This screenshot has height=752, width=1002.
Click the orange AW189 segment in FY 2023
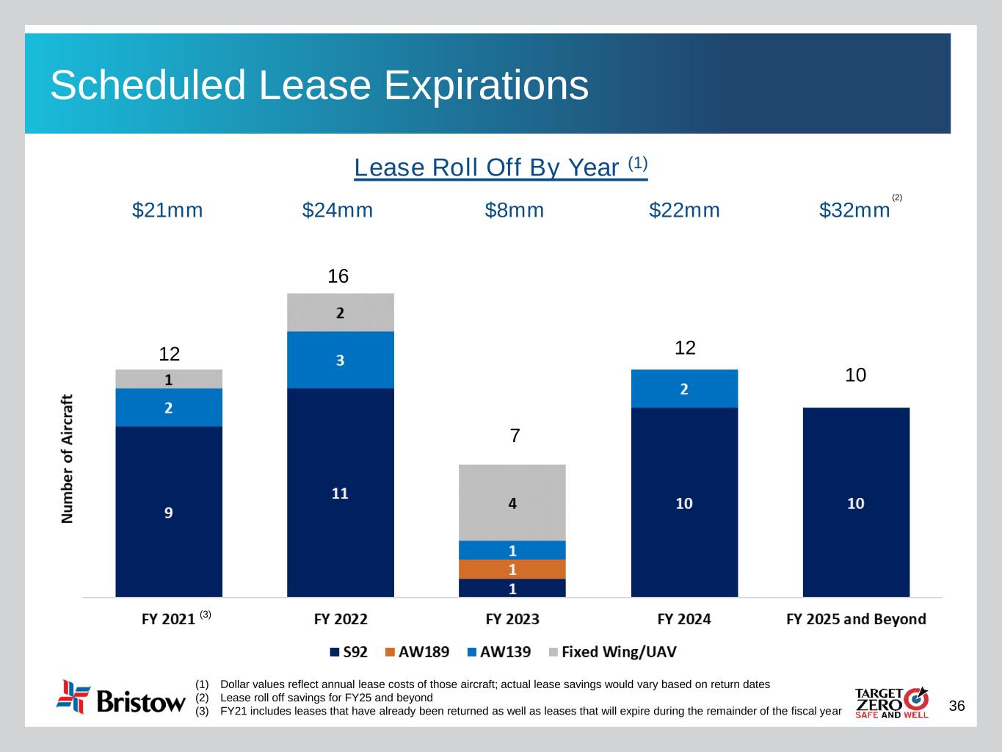pos(512,569)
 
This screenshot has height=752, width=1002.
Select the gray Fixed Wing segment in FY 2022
pos(341,312)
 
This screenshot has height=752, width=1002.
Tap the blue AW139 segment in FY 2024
pos(684,388)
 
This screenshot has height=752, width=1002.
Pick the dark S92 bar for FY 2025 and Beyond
pos(856,502)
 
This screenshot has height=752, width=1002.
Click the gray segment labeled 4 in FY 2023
pos(512,502)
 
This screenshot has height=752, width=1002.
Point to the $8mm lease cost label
pos(515,211)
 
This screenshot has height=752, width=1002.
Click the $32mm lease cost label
pos(854,211)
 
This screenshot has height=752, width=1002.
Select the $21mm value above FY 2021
pos(167,211)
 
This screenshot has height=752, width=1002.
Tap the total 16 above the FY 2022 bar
pos(338,276)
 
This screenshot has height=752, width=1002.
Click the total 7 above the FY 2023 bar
pos(515,435)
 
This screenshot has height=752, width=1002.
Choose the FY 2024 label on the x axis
pos(684,619)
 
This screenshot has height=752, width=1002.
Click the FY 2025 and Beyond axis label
pos(856,619)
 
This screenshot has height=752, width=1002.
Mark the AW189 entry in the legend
pos(418,652)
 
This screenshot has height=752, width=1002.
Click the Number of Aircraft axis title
pos(68,459)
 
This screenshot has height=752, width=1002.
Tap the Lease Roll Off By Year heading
pos(501,167)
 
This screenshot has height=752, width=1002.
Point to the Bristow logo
pos(121,697)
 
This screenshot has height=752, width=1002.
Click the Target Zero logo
pos(891,703)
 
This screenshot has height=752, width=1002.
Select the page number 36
pos(956,706)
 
